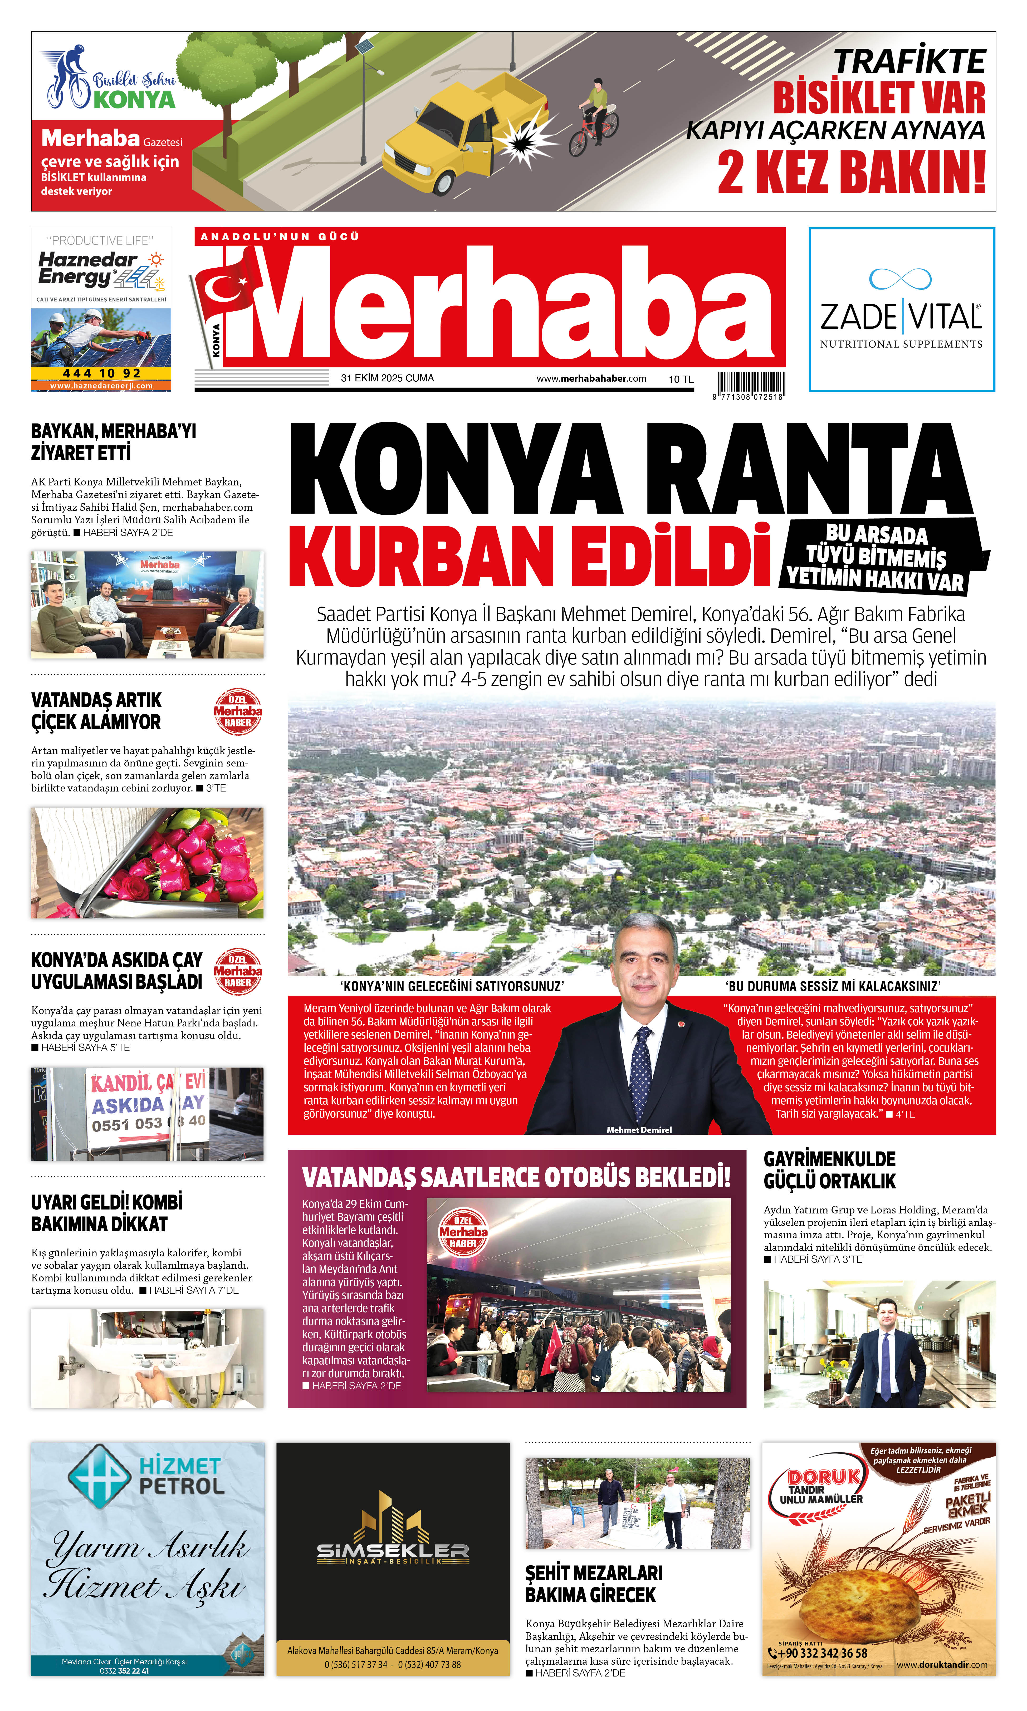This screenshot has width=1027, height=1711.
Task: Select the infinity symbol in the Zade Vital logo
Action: [x=900, y=279]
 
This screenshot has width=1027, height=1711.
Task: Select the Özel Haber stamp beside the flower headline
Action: [x=237, y=711]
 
